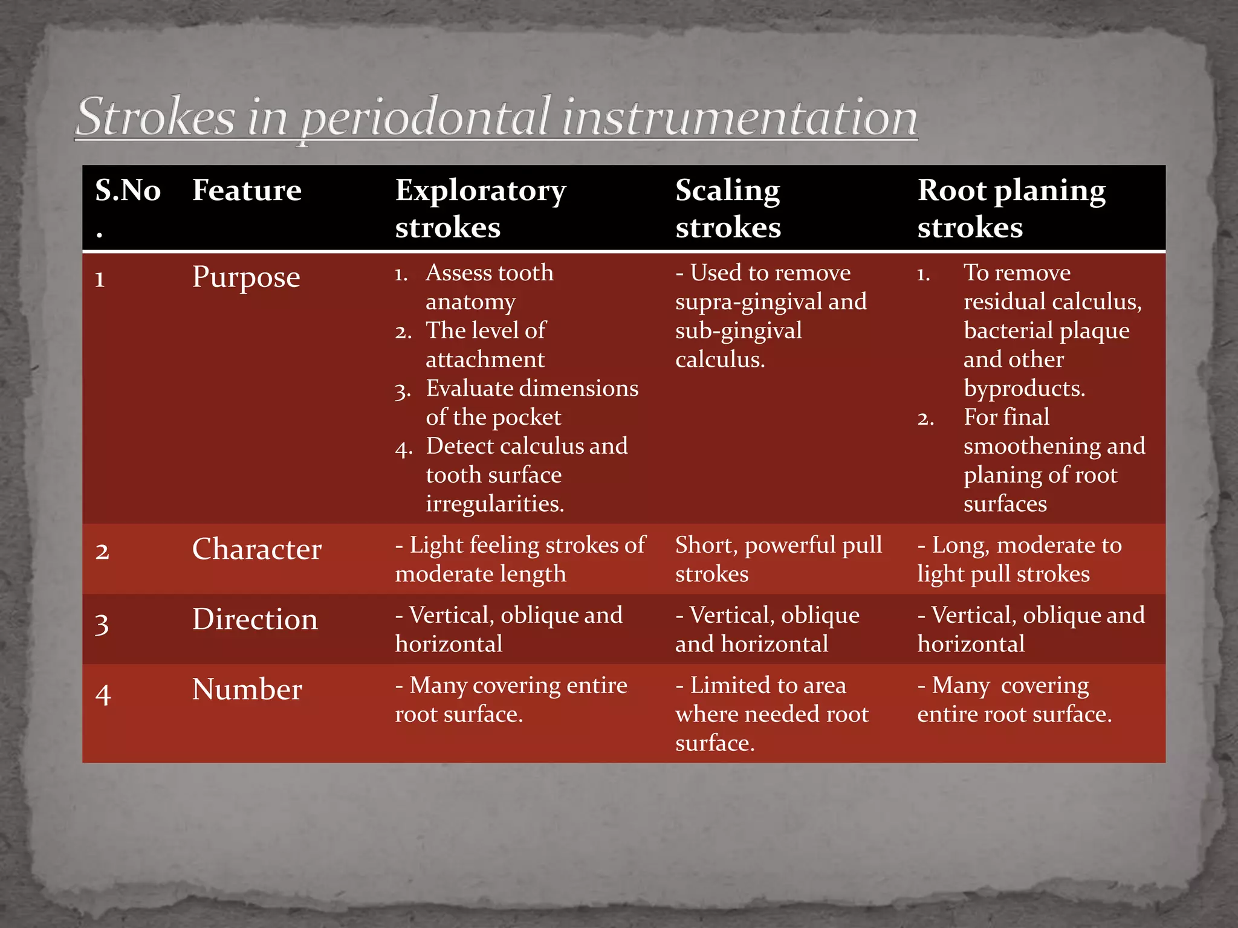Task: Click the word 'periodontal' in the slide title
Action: [426, 118]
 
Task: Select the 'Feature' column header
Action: [247, 191]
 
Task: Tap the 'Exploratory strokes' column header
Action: [481, 208]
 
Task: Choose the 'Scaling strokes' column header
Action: [728, 208]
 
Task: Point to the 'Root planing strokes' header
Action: [1011, 208]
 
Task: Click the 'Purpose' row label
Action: [246, 277]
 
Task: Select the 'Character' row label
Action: [256, 550]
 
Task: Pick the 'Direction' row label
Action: [254, 620]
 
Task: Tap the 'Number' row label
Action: [247, 690]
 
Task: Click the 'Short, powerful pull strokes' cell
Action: [778, 559]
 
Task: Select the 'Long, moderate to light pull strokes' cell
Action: [1019, 559]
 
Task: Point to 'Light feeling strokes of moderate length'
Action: [520, 559]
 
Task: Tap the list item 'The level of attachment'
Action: [485, 345]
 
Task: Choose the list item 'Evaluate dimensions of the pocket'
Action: [531, 403]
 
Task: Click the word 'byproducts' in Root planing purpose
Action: [1024, 388]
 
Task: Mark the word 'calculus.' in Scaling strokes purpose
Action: [720, 360]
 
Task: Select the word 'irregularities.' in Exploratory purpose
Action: [494, 504]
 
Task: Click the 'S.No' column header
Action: [128, 191]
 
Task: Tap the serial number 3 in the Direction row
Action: [102, 624]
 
